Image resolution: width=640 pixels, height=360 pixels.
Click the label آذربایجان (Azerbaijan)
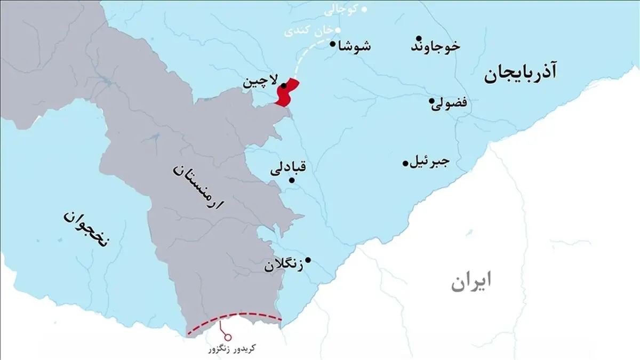tap(520, 74)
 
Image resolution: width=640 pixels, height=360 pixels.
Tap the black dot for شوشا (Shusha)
tap(333, 45)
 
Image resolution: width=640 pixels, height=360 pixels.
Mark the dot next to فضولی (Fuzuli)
tap(431, 101)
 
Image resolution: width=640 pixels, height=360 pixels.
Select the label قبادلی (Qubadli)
tap(291, 167)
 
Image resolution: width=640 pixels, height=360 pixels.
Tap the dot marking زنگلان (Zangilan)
tap(308, 260)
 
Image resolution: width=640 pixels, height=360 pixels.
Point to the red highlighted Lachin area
tap(287, 93)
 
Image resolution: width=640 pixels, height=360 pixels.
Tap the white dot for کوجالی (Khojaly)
tap(365, 9)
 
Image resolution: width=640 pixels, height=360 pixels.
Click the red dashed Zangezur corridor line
tap(235, 315)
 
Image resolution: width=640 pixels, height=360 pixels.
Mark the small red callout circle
tap(228, 337)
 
